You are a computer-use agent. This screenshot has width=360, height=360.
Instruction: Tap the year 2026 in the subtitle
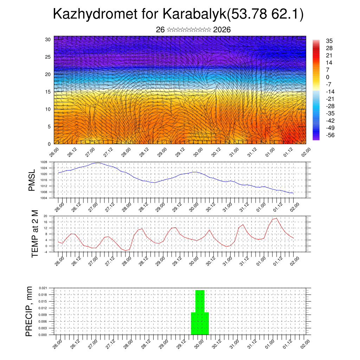222,30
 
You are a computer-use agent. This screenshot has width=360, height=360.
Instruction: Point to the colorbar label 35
329,41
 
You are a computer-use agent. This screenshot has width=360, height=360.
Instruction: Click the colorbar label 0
328,77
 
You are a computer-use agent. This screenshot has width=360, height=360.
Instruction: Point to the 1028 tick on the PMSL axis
44,162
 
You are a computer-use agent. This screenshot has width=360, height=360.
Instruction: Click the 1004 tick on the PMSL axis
44,198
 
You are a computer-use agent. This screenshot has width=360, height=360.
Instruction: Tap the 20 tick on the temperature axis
45,216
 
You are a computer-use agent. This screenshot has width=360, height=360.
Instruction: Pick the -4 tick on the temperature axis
45,252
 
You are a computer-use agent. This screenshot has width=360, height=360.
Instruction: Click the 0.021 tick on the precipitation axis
43,288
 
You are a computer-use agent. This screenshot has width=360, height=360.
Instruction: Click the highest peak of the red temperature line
277,218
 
